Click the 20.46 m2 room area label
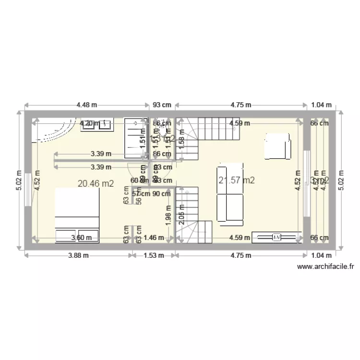coord(96,183)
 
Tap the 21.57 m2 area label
coord(236,180)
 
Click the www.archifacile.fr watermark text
coord(326,266)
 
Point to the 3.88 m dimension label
coord(77,255)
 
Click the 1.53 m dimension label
coord(154,255)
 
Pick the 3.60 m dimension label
coord(81,237)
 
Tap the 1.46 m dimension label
coord(154,237)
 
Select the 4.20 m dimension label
coord(90,123)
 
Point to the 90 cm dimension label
coord(161,194)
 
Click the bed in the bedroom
coord(77,215)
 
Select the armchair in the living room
coord(277,146)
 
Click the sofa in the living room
coord(230,195)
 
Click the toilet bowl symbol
coord(166,130)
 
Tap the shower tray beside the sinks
coord(136,137)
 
